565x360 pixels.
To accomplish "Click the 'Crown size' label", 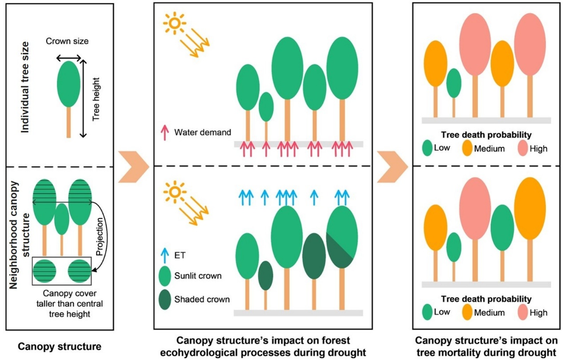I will click(x=67, y=41).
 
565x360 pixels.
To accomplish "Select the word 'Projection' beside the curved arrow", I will click(x=98, y=235).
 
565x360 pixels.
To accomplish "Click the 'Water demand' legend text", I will click(x=203, y=132).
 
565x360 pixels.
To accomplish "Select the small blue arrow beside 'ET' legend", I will click(x=165, y=255).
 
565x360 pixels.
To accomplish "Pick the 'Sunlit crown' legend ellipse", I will click(x=165, y=276).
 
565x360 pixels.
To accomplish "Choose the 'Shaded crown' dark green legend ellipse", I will click(x=165, y=299).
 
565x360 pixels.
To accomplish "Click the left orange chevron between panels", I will click(x=133, y=166).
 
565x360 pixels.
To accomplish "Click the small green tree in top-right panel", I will click(x=454, y=83).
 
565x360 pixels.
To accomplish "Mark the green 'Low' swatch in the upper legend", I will click(x=427, y=148).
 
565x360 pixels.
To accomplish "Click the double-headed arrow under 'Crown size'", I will click(x=69, y=58).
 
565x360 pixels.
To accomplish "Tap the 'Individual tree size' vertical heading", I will click(x=26, y=87).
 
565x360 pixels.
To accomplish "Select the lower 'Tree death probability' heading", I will click(x=486, y=299).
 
